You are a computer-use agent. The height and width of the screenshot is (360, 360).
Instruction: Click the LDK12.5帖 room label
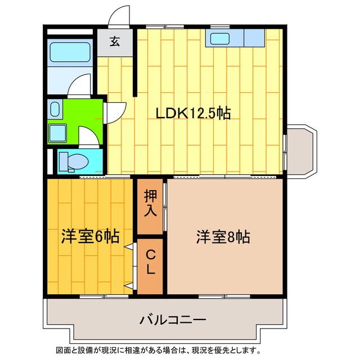point(193,113)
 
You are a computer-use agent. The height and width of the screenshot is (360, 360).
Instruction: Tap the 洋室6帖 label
point(90,236)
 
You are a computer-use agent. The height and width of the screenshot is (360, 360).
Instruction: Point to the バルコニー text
point(173,320)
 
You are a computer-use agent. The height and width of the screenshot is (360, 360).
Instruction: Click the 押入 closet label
point(151,203)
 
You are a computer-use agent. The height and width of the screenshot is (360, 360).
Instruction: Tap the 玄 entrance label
point(115,41)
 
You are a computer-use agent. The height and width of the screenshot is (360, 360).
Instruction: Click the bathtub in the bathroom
point(70,53)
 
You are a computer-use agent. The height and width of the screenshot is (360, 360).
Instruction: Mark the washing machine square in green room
point(57,133)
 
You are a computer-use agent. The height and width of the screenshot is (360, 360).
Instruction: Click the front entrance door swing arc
point(119,16)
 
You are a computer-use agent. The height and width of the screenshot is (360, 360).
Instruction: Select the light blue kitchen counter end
point(254,38)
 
